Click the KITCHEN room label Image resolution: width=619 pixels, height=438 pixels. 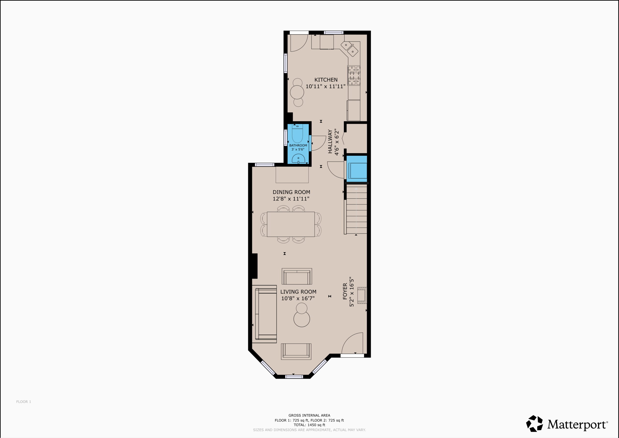point(326,80)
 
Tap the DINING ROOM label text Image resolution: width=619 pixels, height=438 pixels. point(291,192)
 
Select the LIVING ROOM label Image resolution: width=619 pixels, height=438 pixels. point(298,292)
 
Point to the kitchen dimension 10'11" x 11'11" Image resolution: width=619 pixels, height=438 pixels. point(325,86)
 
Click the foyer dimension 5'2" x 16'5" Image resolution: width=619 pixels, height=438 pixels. point(352,291)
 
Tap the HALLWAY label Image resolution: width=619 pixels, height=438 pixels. point(330,141)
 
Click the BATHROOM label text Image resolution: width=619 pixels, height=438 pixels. point(298,145)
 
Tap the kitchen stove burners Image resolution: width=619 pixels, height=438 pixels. point(354,75)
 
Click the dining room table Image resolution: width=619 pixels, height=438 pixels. point(291,224)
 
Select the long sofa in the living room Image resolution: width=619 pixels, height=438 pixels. point(266,314)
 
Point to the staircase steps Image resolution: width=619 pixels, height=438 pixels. point(356,209)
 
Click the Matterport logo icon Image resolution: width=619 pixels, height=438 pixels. point(535,423)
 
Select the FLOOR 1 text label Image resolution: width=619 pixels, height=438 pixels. point(24,401)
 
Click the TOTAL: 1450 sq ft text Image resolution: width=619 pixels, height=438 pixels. point(309,425)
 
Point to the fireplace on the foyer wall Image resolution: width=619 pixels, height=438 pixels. point(362,296)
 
